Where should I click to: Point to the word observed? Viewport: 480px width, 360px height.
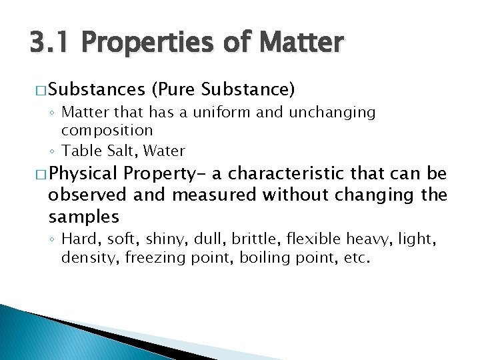click(87, 195)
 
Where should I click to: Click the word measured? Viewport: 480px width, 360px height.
click(213, 195)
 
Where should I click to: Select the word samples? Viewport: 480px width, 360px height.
click(84, 216)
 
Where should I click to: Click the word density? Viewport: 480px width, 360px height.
click(84, 257)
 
